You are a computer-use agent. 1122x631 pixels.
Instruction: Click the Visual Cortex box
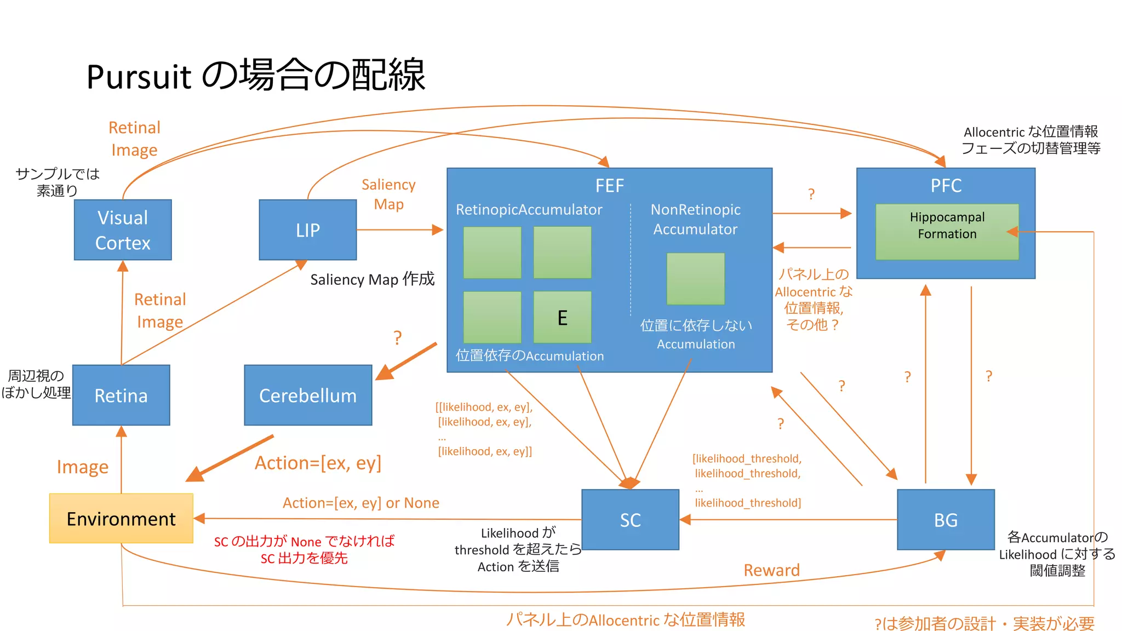[123, 230]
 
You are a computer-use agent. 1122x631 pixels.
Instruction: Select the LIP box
[307, 230]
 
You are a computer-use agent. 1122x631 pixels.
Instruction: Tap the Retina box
[121, 395]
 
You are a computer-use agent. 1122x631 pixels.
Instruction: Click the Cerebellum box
[308, 395]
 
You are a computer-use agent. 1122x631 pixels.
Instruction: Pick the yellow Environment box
[121, 518]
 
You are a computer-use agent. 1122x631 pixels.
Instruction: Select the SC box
[630, 519]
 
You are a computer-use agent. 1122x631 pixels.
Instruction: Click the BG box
[946, 519]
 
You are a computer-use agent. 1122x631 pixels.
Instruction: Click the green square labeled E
[562, 317]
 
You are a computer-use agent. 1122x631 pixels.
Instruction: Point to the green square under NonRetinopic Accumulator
[695, 278]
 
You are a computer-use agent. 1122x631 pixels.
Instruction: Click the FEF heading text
[609, 186]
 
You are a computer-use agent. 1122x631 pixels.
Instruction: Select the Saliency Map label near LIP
[388, 194]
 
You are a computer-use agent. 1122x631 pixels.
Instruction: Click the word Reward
[771, 570]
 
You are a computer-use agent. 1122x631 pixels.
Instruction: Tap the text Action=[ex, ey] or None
[360, 503]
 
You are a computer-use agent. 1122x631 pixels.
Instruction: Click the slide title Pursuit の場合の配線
[255, 75]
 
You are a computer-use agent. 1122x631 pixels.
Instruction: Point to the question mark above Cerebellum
[398, 337]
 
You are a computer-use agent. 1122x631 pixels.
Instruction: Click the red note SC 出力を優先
[304, 558]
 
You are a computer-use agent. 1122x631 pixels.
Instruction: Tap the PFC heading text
[946, 186]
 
